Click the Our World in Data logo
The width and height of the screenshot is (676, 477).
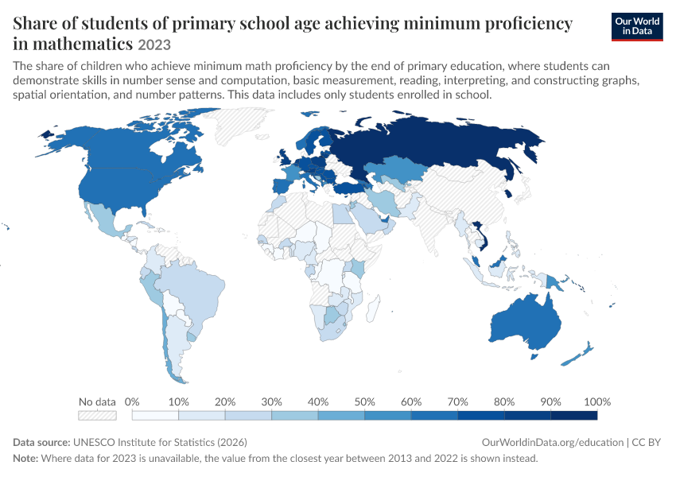coord(637,27)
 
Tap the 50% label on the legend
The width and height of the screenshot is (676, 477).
coord(364,402)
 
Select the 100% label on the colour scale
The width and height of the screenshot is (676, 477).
coord(597,402)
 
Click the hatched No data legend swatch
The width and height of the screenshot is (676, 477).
coord(97,415)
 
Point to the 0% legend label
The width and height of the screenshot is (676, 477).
coord(132,402)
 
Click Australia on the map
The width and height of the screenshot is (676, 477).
coord(526,322)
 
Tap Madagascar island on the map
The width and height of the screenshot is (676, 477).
coord(373,308)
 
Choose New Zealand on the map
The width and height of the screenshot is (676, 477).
coord(578,355)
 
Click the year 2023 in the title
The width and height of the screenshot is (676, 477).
coord(154,45)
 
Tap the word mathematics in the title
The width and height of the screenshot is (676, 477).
coord(83,44)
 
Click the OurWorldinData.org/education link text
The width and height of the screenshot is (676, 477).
coord(553,443)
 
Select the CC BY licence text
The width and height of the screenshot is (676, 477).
coord(647,443)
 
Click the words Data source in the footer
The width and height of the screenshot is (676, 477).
coord(41,443)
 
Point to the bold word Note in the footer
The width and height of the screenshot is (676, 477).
coord(25,458)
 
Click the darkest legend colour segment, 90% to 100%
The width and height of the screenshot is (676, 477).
coord(574,415)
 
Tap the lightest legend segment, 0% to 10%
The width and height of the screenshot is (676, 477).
coord(155,415)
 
